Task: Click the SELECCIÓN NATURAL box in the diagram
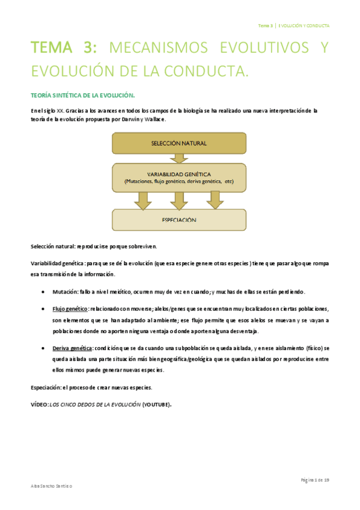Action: point(178,143)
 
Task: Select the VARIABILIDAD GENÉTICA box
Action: point(178,176)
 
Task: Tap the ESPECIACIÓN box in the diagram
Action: point(178,220)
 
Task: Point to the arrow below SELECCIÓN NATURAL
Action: point(178,158)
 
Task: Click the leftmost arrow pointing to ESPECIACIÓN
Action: point(143,200)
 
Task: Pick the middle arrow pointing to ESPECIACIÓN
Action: point(178,200)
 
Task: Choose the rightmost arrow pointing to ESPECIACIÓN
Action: point(215,200)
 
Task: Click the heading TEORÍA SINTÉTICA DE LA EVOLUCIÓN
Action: point(82,96)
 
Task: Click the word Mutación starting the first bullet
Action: point(64,292)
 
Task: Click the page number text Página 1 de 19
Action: point(313,479)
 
